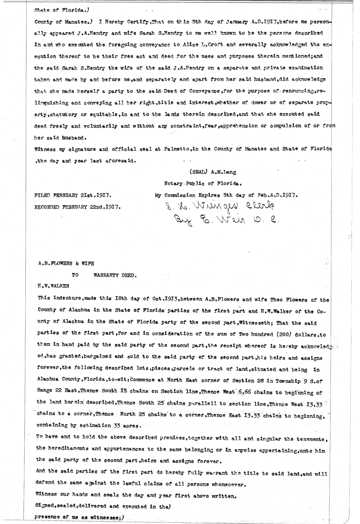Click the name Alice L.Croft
click(x=205, y=45)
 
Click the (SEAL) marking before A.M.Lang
click(x=197, y=172)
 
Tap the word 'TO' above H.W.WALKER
click(x=75, y=274)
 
